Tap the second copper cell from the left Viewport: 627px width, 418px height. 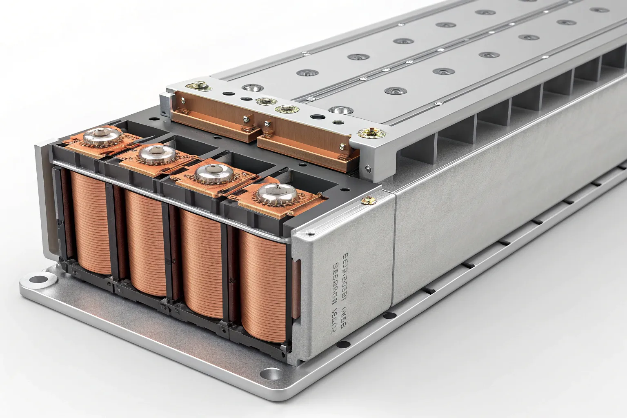point(143,243)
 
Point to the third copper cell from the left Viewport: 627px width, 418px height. point(201,261)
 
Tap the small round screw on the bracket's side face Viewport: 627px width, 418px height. point(369,167)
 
